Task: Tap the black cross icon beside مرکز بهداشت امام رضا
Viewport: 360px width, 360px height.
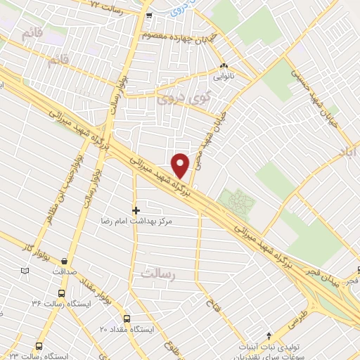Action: pos(136,210)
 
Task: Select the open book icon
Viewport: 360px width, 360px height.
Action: pos(25,271)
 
